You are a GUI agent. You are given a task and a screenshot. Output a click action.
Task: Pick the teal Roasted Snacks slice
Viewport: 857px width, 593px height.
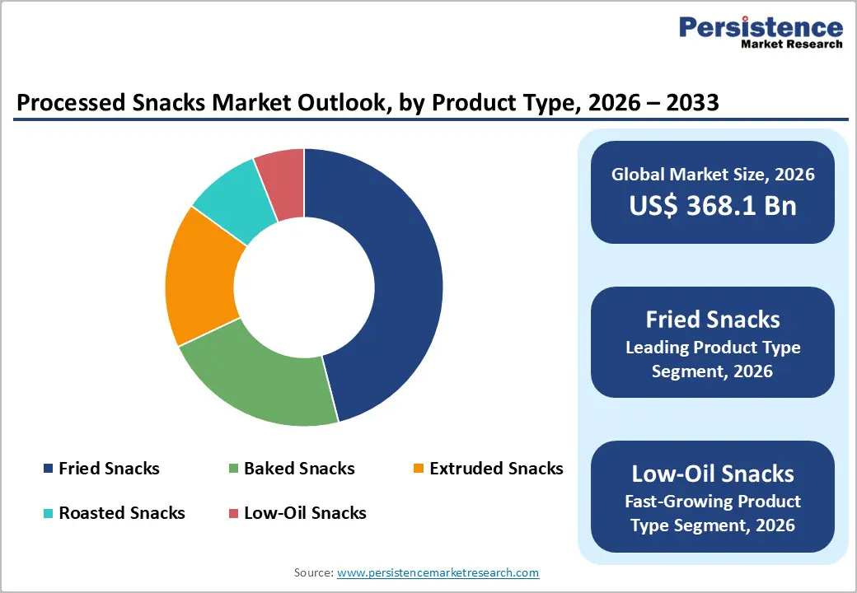(235, 198)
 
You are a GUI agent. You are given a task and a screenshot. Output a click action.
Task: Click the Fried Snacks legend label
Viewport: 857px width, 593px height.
(109, 469)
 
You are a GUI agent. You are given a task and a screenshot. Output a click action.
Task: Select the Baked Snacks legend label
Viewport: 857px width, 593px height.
(299, 469)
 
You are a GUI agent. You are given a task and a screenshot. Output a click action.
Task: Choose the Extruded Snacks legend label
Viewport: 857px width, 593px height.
(496, 469)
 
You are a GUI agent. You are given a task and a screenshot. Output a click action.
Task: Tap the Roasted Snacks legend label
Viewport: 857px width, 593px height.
(122, 513)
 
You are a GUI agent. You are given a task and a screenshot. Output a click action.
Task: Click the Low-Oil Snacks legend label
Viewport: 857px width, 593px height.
(305, 513)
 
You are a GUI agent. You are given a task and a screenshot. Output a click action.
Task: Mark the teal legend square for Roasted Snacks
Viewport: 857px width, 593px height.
(48, 513)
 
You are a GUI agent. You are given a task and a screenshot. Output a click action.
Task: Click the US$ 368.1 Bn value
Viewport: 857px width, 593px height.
(713, 205)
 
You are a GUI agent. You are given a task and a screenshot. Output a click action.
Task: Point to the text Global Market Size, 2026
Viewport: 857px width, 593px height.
(713, 174)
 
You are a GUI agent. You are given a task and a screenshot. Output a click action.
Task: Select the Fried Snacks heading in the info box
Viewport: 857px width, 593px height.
(713, 320)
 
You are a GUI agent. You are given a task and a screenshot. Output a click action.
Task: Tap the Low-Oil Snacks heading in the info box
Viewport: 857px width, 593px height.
(713, 474)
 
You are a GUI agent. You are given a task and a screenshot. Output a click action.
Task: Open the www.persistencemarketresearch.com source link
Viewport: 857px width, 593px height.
(438, 572)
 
